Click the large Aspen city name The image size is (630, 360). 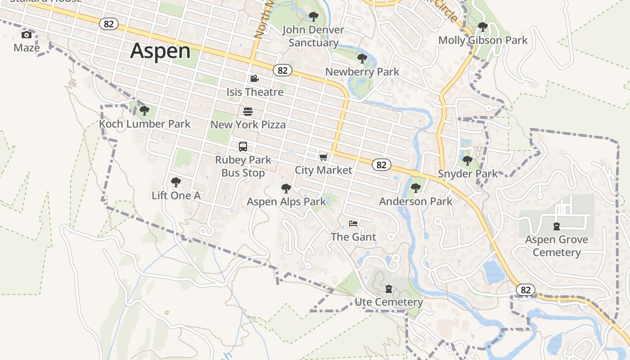click(x=161, y=51)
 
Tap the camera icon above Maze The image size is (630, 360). click(x=27, y=35)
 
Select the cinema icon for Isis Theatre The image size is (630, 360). click(x=254, y=79)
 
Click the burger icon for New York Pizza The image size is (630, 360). click(x=248, y=111)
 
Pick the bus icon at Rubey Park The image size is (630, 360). click(x=243, y=147)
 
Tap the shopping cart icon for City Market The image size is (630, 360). click(x=323, y=157)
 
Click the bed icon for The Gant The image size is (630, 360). click(x=353, y=224)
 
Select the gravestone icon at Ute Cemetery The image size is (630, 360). click(x=389, y=288)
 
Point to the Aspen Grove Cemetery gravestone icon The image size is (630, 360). click(x=557, y=226)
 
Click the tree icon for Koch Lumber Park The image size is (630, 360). click(x=144, y=110)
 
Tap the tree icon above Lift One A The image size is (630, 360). click(x=176, y=182)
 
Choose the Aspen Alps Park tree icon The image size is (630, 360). click(x=286, y=189)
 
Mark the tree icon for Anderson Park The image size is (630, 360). click(x=416, y=188)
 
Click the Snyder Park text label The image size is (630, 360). click(x=468, y=174)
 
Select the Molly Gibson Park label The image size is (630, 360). click(x=483, y=40)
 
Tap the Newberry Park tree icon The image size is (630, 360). click(x=362, y=58)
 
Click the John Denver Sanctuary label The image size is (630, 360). click(x=313, y=36)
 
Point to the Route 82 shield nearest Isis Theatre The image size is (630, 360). click(x=282, y=70)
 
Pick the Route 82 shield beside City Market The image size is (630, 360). click(x=381, y=165)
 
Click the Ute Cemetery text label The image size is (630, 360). click(x=389, y=302)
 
